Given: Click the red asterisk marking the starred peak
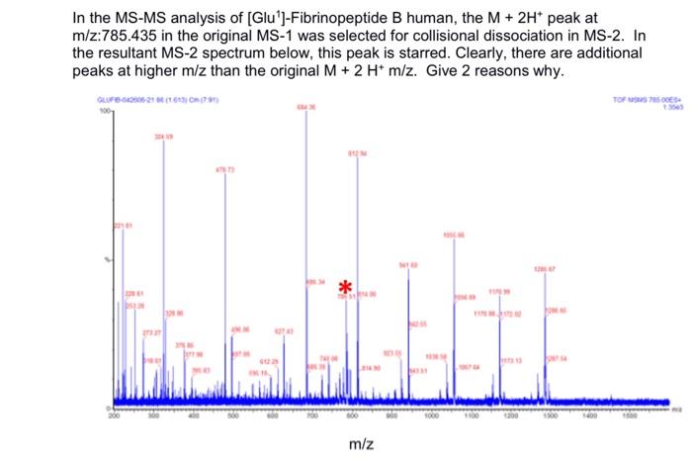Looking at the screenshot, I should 344,286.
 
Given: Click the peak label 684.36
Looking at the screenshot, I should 306,107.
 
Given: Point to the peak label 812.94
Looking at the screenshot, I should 357,153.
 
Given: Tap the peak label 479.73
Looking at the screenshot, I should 226,170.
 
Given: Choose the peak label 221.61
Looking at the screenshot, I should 122,227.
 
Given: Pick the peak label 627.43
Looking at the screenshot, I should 285,330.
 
